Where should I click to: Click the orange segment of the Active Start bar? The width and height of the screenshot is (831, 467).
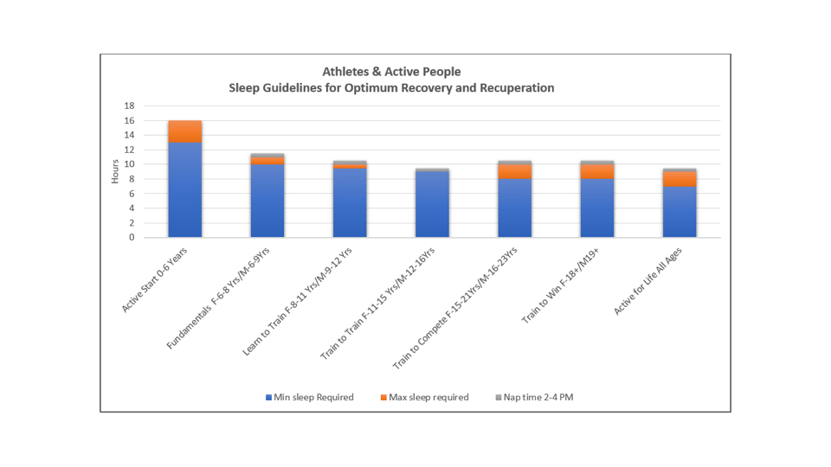click(x=185, y=131)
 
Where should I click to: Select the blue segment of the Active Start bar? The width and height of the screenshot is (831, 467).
click(x=185, y=190)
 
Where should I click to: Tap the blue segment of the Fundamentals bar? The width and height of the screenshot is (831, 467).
click(x=267, y=201)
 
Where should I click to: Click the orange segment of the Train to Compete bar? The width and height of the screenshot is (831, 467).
click(x=514, y=171)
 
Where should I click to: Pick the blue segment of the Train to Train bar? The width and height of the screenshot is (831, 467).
click(x=432, y=204)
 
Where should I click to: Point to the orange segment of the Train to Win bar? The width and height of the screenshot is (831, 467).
click(x=596, y=171)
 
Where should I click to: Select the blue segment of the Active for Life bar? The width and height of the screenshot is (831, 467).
click(x=679, y=212)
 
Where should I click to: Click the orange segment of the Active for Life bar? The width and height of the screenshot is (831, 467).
click(x=679, y=179)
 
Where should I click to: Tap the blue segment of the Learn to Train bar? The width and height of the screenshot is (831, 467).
click(x=350, y=202)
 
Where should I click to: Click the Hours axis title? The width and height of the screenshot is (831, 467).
click(x=116, y=171)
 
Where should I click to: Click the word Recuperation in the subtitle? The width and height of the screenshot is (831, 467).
click(x=513, y=88)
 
